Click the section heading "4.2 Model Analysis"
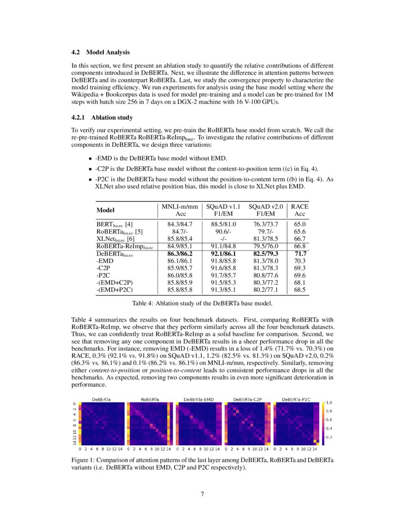click(101, 52)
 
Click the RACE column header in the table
click(300, 207)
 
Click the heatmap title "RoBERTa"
click(150, 399)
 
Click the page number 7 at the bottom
click(202, 494)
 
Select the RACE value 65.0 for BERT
click(300, 223)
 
